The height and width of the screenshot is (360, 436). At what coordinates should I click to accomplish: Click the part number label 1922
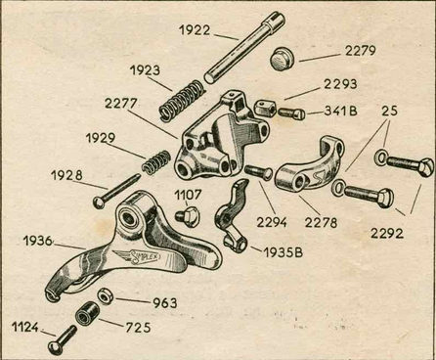(x=195, y=30)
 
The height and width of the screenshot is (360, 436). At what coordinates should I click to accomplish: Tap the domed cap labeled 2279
(x=282, y=59)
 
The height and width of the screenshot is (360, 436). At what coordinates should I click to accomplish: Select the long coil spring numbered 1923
(x=182, y=101)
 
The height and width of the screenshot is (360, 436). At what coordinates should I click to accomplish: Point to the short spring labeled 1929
(x=156, y=162)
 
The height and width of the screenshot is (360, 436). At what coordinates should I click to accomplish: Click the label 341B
(x=340, y=112)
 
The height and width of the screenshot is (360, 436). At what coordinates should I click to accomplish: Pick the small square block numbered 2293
(x=265, y=108)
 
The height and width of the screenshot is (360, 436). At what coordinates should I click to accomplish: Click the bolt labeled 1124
(x=62, y=340)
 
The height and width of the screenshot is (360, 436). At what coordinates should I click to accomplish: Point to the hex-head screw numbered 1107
(x=188, y=216)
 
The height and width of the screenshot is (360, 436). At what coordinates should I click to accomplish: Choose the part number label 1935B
(x=283, y=252)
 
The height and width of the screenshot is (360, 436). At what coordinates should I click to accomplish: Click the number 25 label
(x=389, y=111)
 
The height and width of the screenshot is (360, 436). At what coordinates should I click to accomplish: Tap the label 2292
(x=387, y=233)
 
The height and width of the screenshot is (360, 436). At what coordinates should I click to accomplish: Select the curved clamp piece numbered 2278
(x=309, y=164)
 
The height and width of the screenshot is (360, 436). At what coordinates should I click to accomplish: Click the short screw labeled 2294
(x=258, y=172)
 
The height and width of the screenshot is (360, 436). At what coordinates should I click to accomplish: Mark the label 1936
(x=38, y=241)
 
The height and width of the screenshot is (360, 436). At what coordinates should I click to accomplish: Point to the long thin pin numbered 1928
(x=116, y=192)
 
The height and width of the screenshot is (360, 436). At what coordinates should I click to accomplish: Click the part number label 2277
(x=120, y=104)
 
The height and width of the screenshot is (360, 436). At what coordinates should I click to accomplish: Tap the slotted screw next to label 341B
(x=291, y=113)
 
